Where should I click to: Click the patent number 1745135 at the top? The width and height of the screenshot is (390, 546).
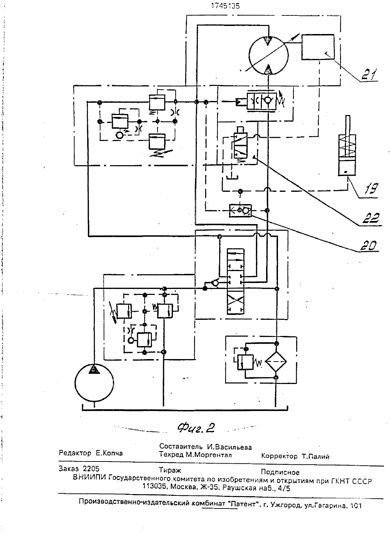coord(225,6)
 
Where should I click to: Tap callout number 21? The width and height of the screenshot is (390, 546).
coord(369,74)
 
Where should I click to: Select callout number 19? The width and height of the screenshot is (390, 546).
coord(370,188)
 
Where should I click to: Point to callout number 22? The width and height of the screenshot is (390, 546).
coord(371,218)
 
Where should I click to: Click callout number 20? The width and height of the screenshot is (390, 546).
coord(369,245)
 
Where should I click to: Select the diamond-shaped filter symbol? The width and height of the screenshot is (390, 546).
coord(276,362)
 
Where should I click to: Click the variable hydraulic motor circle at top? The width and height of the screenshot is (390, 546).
coord(269,55)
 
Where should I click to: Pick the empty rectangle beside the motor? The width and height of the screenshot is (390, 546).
coord(318,47)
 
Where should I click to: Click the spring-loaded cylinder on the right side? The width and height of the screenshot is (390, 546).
coord(347,146)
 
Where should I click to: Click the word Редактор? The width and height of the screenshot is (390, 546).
coord(75,453)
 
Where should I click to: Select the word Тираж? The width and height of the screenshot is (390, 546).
coord(170,470)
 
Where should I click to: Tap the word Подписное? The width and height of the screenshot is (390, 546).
coord(280,472)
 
